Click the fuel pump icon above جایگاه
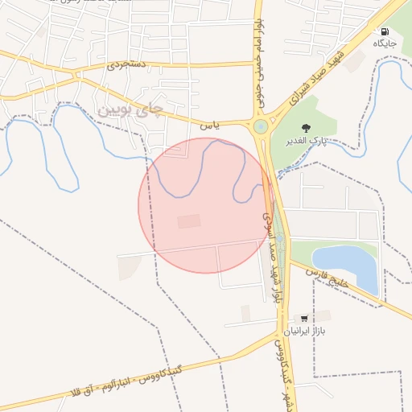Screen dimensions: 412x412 coord(381,31)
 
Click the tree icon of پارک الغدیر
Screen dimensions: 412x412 coord(305,128)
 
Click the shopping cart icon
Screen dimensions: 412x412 coord(303,319)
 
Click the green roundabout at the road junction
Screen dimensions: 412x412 coord(260,126)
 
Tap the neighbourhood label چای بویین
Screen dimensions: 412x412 coord(130,107)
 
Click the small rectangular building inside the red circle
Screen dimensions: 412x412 coord(189,221)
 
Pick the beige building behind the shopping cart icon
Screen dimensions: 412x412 coord(320,315)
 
